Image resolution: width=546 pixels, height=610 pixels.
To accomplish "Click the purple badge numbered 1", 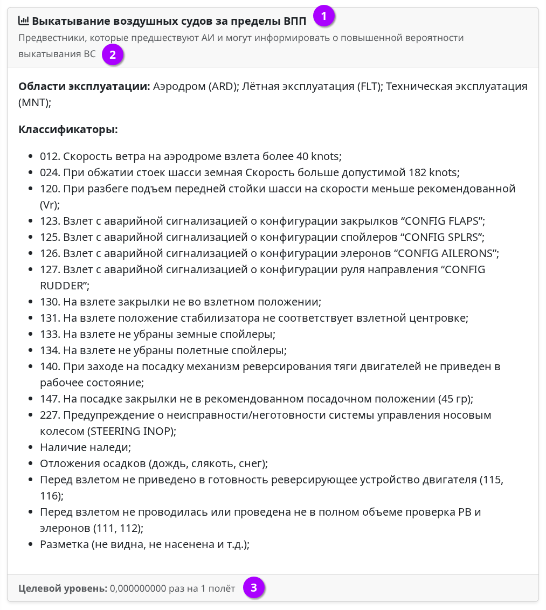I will coord(323,16).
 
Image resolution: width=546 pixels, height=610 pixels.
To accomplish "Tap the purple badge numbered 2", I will coord(112,54).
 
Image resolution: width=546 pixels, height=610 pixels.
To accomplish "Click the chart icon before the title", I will coord(24,21).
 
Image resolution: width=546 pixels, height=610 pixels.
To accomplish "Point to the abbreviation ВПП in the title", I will coord(294,22).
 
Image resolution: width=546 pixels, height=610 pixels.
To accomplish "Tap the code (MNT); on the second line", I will coord(35,102).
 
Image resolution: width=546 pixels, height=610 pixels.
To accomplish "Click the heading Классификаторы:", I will coord(68,129).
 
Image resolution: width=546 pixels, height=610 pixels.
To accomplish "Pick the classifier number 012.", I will coord(50,156).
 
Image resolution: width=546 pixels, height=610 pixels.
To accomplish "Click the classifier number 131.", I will coord(50,318).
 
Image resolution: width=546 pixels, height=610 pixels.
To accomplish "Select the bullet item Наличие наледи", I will coord(85,447).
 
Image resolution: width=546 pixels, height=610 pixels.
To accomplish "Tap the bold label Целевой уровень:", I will coord(63,588).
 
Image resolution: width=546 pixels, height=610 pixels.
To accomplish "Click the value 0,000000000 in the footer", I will coord(137,588).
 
